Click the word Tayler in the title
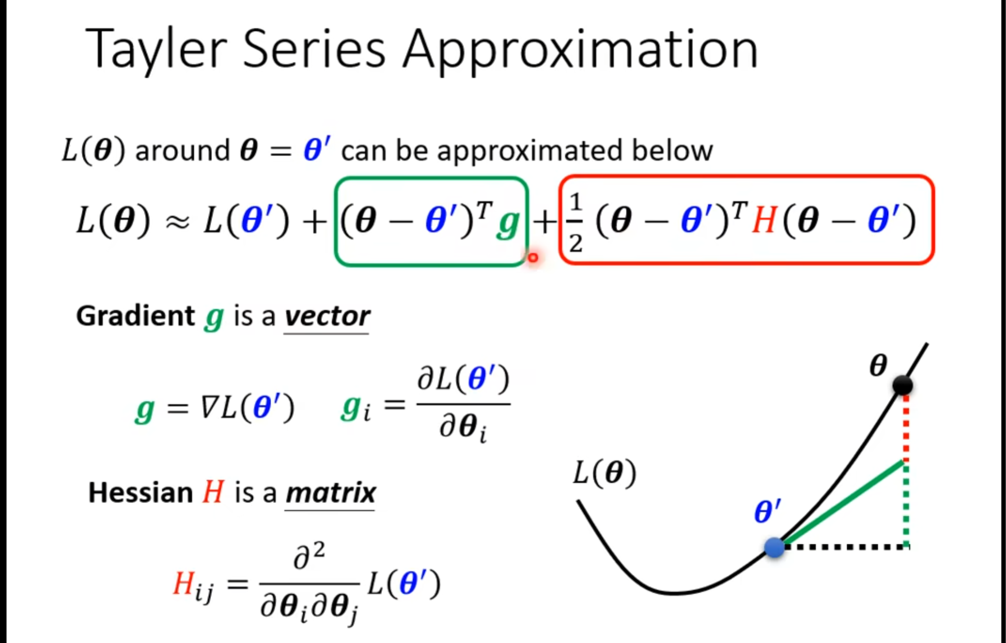point(156,49)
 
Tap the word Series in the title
point(314,49)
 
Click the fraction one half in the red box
point(576,222)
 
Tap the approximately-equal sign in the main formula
point(178,222)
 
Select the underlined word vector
point(327,316)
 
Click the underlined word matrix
point(330,493)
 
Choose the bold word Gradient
point(135,316)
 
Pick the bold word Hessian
point(140,493)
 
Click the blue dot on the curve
point(774,547)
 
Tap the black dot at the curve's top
point(903,385)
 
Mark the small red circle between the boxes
point(533,257)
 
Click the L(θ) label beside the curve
point(604,472)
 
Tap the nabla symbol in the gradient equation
point(208,409)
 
